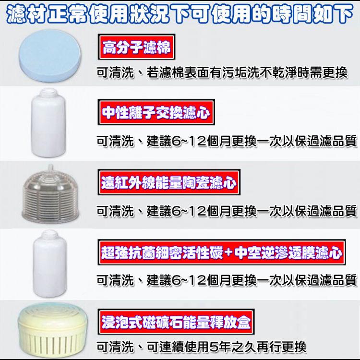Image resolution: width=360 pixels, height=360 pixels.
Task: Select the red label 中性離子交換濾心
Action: [156, 114]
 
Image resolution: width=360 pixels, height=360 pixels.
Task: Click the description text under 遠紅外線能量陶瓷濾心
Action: [226, 211]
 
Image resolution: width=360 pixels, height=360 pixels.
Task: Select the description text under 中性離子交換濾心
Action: [226, 141]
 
